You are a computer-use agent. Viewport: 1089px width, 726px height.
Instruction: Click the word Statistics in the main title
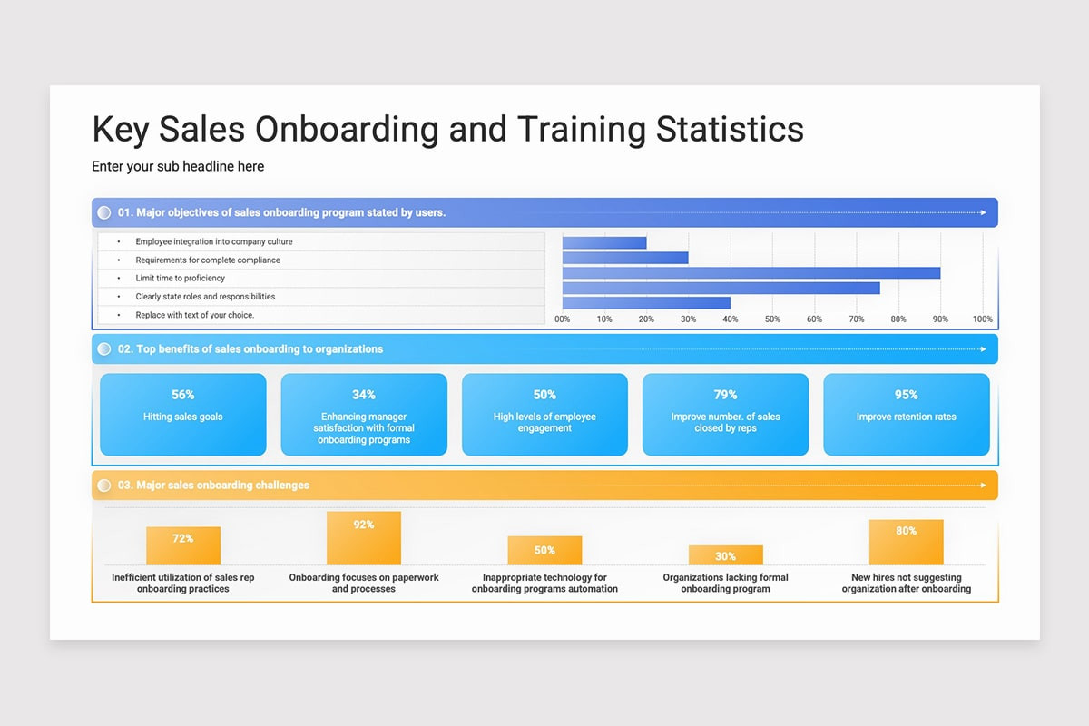[730, 129]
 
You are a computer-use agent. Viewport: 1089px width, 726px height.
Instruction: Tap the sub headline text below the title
[178, 166]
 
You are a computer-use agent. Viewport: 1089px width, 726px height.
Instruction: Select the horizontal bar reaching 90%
[751, 273]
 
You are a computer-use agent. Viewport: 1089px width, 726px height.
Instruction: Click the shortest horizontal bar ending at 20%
[604, 242]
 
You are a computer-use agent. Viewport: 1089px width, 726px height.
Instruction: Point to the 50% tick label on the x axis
[772, 319]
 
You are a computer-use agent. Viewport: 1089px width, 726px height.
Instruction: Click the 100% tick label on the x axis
[982, 319]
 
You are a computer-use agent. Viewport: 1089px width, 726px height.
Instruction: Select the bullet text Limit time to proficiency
[180, 278]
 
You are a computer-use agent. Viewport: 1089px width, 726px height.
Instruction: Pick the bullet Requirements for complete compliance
[208, 260]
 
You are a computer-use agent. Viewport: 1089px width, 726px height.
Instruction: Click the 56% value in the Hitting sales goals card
[182, 395]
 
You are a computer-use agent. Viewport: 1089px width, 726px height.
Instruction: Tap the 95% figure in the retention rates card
[907, 395]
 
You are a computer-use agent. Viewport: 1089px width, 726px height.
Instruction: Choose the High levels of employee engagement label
[544, 422]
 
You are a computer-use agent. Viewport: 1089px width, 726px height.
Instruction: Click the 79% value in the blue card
[725, 395]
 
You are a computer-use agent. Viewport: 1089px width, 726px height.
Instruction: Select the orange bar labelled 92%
[364, 538]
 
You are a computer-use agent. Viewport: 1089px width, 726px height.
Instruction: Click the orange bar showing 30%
[725, 554]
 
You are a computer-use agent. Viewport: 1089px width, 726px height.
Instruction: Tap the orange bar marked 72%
[183, 545]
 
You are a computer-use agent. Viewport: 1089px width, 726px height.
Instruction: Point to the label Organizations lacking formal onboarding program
[725, 583]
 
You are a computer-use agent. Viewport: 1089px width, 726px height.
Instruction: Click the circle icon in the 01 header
[104, 212]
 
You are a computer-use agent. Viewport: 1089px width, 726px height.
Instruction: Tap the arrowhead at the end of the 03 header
[983, 485]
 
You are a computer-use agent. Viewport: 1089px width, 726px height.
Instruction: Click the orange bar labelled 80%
[907, 542]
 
